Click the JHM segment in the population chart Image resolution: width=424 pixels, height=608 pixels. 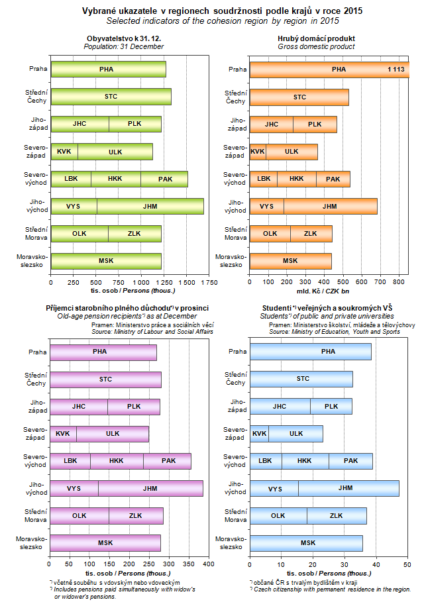(x=150, y=207)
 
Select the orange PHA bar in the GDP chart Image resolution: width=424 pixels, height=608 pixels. (x=329, y=70)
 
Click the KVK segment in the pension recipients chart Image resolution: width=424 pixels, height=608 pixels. (x=63, y=434)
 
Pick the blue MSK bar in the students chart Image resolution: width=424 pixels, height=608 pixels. (x=307, y=543)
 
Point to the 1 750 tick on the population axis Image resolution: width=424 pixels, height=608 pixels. (x=209, y=283)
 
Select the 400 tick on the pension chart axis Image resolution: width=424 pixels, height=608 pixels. (x=208, y=564)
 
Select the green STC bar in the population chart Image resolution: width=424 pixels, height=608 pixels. (x=111, y=97)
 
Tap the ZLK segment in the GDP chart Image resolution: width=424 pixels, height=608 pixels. (x=311, y=234)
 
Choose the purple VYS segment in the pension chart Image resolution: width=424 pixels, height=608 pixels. (x=74, y=489)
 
